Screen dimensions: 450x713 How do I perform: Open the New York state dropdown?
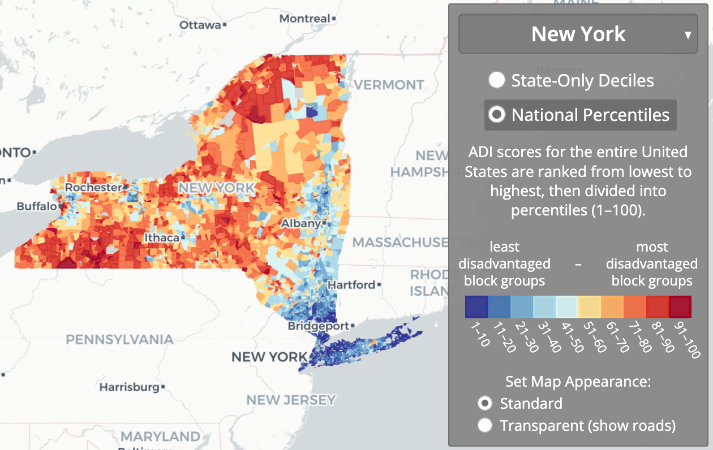point(578,34)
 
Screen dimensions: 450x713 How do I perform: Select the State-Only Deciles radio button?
point(497,80)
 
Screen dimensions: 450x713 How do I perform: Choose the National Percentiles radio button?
point(497,115)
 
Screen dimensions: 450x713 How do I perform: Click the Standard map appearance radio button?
point(485,403)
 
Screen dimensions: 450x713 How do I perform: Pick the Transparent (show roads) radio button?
point(485,425)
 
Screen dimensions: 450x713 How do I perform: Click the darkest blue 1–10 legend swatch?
point(476,307)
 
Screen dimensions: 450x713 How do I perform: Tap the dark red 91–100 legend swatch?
point(680,307)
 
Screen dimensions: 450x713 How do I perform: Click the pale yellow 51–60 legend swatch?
point(589,307)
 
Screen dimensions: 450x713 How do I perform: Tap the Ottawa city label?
point(200,25)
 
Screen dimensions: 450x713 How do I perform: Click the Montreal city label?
point(304,19)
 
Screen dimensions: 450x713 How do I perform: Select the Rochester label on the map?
point(93,187)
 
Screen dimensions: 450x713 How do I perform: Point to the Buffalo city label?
point(37,206)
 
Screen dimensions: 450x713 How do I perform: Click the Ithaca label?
point(161,237)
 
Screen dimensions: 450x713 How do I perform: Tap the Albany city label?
point(301,223)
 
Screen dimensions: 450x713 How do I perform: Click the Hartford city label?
point(351,285)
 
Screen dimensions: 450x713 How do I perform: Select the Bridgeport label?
point(319,326)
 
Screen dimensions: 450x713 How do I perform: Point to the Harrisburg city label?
point(129,387)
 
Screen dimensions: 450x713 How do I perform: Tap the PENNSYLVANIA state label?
point(119,339)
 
